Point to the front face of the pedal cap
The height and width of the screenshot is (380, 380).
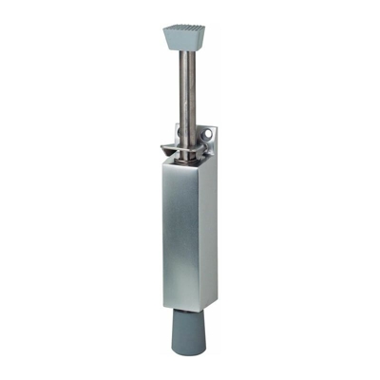tap(184, 43)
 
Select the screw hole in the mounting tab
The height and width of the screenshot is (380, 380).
tap(210, 141)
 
